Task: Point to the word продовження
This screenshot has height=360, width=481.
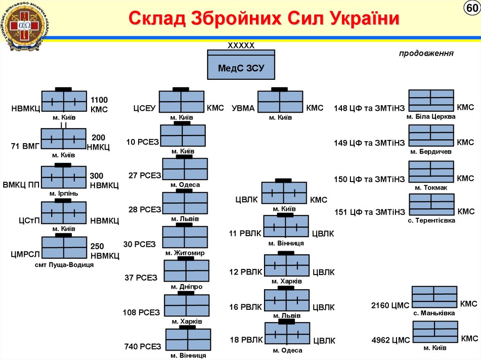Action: (x=426, y=53)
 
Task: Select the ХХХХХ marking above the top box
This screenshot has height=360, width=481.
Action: (x=241, y=46)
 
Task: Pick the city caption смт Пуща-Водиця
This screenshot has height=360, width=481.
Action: (x=64, y=265)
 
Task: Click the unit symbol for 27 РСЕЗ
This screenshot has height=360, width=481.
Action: (x=185, y=169)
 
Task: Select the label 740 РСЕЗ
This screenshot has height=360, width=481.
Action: (x=143, y=346)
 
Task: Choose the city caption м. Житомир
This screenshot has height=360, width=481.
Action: (x=185, y=253)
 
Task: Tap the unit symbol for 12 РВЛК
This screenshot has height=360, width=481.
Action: (x=287, y=266)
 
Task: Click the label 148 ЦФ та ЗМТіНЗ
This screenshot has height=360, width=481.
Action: (x=369, y=108)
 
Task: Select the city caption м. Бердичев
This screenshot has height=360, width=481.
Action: (x=431, y=152)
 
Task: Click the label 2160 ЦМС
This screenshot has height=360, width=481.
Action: (x=390, y=306)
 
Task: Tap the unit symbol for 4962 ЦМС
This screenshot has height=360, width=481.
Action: (x=435, y=332)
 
